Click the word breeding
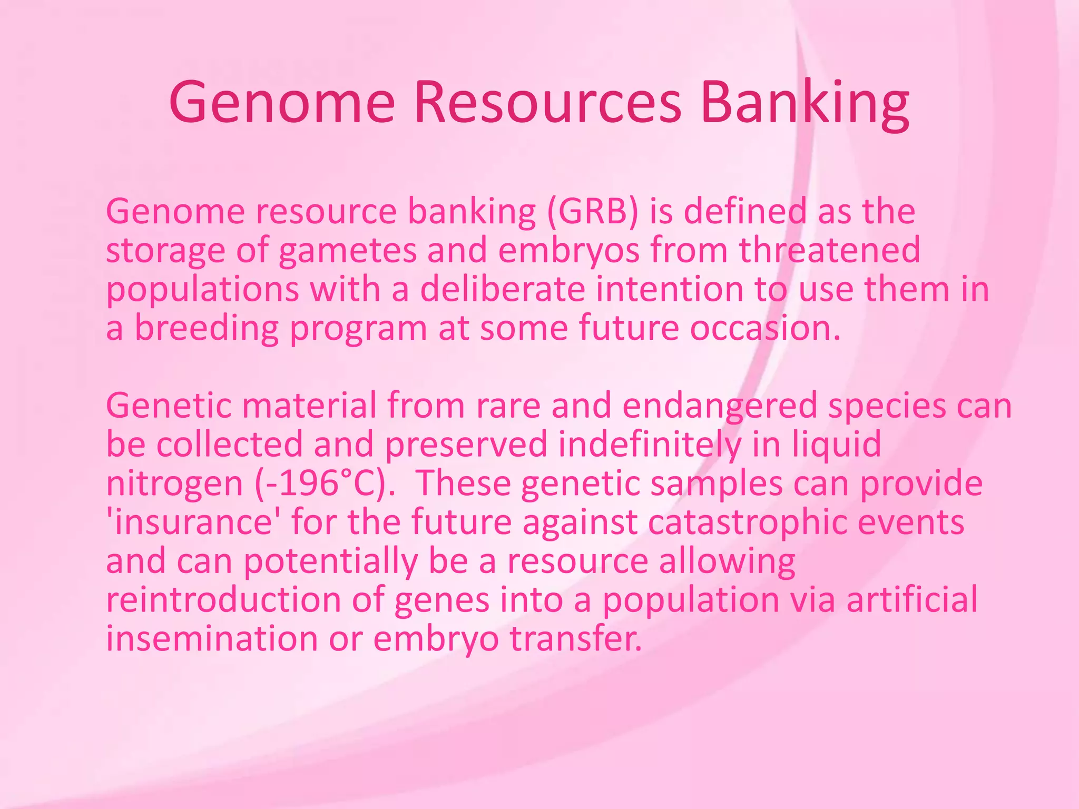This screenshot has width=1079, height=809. (x=207, y=328)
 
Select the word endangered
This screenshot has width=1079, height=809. (x=720, y=406)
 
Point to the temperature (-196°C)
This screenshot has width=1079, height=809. (x=325, y=484)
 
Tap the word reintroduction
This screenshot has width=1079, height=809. (x=223, y=600)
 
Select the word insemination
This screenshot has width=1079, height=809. (x=212, y=639)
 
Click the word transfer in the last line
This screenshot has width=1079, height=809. (x=576, y=639)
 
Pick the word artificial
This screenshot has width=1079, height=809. (x=912, y=600)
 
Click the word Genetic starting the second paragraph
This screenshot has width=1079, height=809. (x=169, y=406)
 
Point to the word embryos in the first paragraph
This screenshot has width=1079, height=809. (x=569, y=251)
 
